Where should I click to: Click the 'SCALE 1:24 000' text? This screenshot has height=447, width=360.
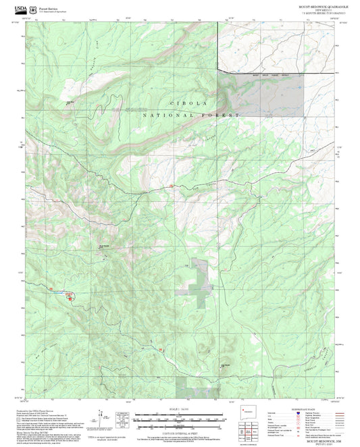coord(180,409)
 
